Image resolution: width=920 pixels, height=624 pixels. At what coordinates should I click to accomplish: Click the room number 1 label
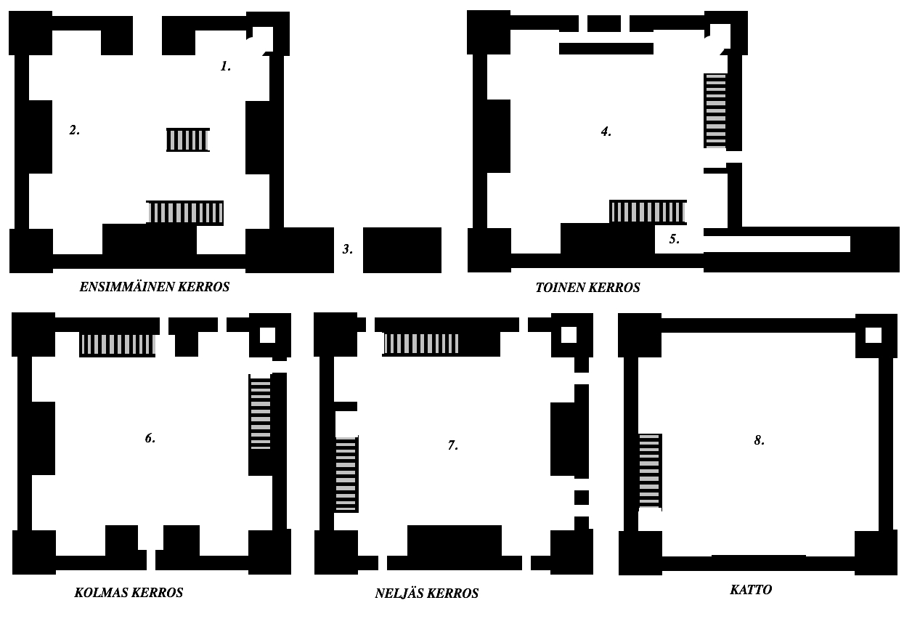click(x=226, y=66)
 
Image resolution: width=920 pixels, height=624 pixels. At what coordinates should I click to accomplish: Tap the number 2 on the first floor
click(x=74, y=130)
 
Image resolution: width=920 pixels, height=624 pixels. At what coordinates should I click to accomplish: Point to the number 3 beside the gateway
click(x=348, y=249)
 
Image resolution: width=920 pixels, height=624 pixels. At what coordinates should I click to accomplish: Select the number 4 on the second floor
click(x=606, y=131)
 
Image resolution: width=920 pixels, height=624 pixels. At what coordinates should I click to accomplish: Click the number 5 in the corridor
click(x=674, y=239)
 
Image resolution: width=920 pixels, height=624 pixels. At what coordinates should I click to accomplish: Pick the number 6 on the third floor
click(x=150, y=438)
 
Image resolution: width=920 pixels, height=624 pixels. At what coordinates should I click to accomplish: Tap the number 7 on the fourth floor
click(x=452, y=445)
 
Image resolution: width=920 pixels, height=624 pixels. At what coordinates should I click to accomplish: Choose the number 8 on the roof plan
click(x=759, y=440)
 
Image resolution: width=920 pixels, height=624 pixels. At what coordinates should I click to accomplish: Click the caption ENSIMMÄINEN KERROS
click(x=155, y=287)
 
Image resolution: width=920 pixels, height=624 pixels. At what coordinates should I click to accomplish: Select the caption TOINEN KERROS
click(x=587, y=288)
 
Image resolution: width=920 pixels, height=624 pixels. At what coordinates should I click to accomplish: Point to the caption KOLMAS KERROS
click(x=129, y=593)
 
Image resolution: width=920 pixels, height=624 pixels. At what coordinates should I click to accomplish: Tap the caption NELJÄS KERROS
click(x=427, y=593)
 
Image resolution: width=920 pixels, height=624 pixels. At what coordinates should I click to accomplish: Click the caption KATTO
click(x=751, y=590)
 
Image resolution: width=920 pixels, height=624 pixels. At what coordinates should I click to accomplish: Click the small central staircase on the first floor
click(x=188, y=140)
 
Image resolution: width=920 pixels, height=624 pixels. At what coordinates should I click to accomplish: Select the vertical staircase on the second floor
click(x=715, y=111)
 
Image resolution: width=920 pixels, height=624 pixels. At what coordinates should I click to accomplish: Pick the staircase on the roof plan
click(x=649, y=471)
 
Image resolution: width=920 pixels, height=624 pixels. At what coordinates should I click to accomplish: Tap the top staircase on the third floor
click(x=118, y=344)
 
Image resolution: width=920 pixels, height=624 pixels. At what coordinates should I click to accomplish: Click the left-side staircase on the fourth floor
click(x=346, y=474)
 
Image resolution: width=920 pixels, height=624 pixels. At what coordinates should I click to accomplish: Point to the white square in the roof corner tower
click(x=874, y=336)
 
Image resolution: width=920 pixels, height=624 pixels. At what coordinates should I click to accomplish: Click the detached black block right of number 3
click(x=402, y=250)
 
